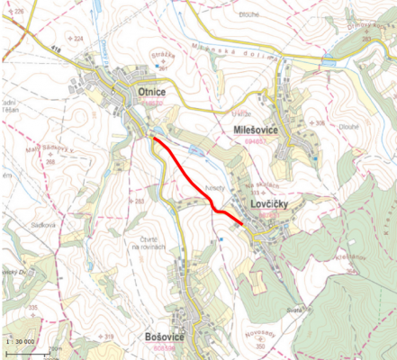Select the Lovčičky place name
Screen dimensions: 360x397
coord(269,205)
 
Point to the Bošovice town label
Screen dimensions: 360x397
coord(164,336)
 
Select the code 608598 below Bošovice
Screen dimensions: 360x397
coord(166,347)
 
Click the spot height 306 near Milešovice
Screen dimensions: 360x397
coord(319,122)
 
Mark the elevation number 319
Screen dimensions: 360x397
coord(109,337)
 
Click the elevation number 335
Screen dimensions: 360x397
coord(33,309)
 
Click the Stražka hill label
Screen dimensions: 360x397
coord(161,54)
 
